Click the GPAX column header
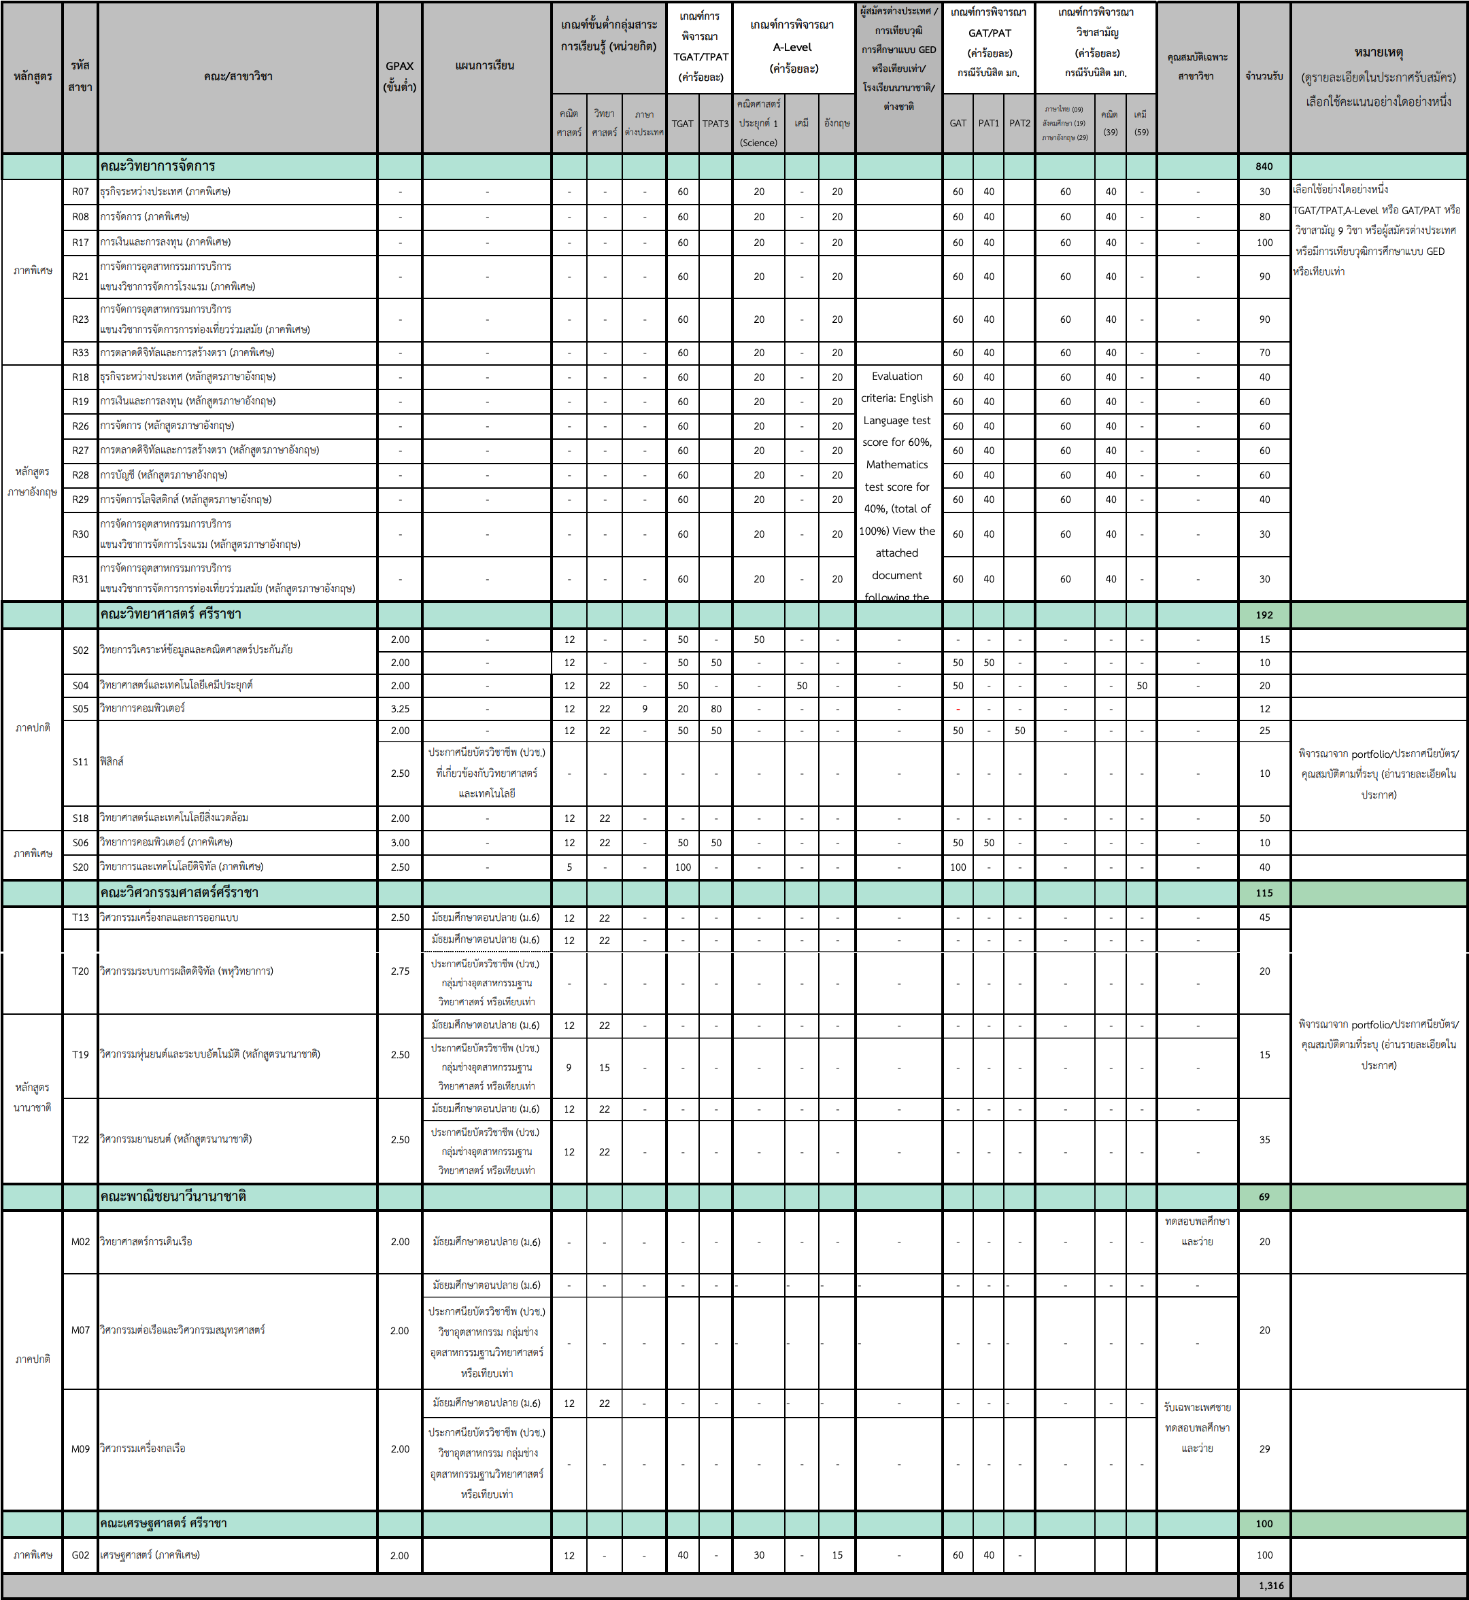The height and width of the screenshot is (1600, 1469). point(400,76)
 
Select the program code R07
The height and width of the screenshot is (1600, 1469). point(80,192)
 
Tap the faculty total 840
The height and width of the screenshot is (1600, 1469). point(1264,166)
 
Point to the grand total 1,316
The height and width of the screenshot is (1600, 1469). point(1271,1586)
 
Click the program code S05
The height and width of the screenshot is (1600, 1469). point(80,709)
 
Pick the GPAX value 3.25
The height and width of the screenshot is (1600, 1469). point(400,709)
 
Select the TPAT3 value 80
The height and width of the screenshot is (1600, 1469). point(715,709)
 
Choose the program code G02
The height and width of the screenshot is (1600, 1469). point(80,1554)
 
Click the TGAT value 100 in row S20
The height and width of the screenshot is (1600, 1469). point(683,867)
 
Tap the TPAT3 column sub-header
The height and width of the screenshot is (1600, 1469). point(715,123)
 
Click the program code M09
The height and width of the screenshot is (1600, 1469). point(80,1448)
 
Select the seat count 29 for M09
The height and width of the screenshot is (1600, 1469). point(1264,1448)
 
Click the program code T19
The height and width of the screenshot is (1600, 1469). point(80,1054)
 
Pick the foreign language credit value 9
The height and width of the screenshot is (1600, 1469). point(645,709)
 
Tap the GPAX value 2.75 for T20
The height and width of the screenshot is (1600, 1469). point(400,971)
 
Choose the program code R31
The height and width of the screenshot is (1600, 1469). point(80,579)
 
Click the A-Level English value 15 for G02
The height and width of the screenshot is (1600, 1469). point(837,1554)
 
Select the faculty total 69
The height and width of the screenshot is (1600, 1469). point(1264,1196)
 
